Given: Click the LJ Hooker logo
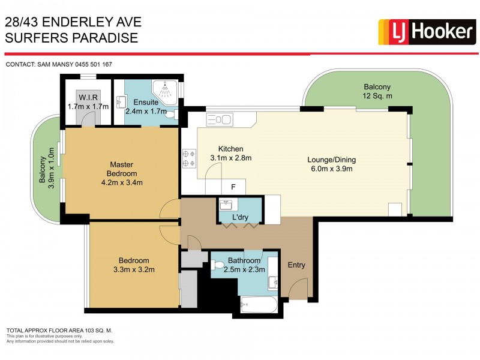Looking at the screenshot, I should tap(426, 32).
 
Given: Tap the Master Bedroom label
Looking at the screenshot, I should tap(121, 173).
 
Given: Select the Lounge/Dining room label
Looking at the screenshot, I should tap(332, 164).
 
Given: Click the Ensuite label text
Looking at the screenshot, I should tap(146, 102).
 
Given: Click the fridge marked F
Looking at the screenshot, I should tap(233, 186).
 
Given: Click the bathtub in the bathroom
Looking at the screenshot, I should tap(259, 305).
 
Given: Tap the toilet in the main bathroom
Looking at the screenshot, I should tap(217, 265).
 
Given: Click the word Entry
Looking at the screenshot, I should tap(296, 265).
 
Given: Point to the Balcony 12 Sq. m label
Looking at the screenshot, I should tap(377, 91).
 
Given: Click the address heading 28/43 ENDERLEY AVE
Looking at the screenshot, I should tap(73, 22).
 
